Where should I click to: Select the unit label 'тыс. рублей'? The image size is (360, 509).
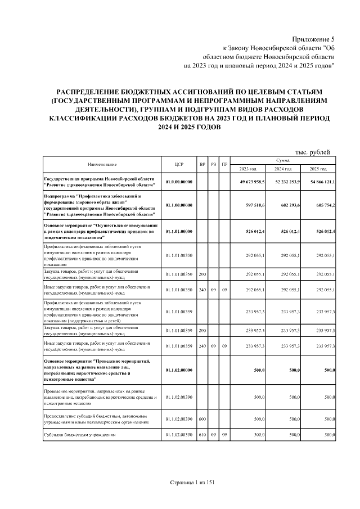point(313,151)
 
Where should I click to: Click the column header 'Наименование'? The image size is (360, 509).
point(102,164)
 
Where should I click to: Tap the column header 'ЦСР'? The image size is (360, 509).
point(179,164)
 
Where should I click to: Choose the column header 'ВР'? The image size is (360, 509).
point(202,164)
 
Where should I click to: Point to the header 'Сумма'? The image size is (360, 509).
point(283,160)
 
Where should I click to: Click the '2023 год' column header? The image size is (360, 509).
point(247,169)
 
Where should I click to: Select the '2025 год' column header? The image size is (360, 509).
point(318,169)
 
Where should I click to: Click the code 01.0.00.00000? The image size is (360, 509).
point(179,183)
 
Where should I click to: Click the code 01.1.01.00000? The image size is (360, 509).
point(179,232)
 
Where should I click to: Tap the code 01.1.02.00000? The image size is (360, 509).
point(179,370)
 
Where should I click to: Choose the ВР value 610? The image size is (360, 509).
point(202,435)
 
